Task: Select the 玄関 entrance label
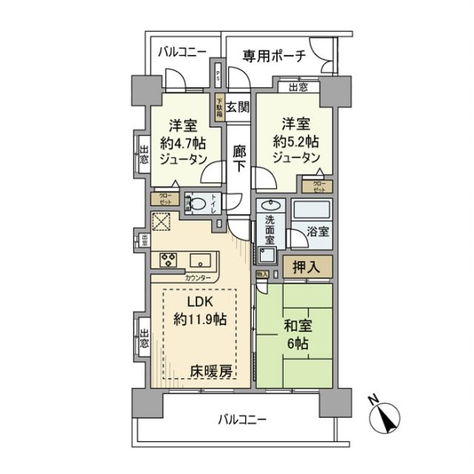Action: coord(237,107)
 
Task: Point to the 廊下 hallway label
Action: coord(238,158)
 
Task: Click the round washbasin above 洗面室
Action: coord(270,206)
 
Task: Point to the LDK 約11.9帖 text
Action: coord(200,310)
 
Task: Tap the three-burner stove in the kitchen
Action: coord(168,260)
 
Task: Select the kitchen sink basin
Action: coord(200,260)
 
